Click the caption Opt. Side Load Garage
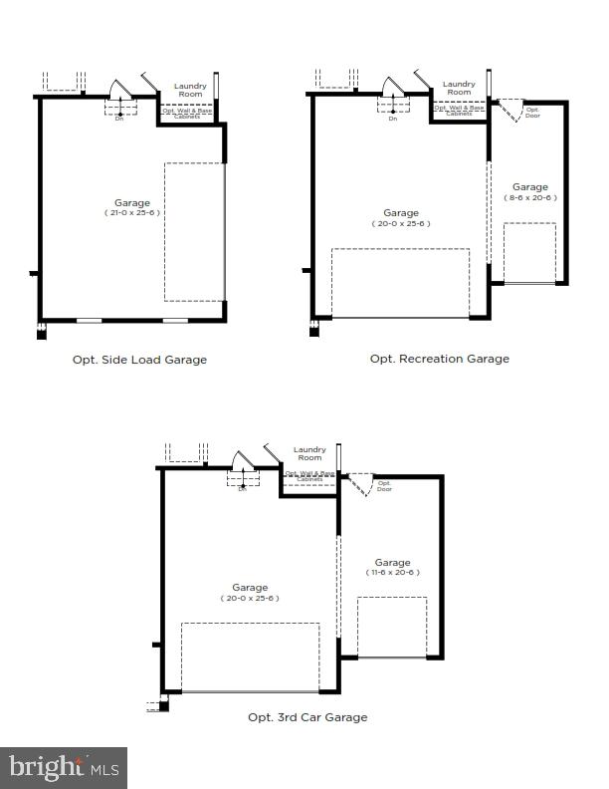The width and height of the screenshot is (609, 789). coord(139,360)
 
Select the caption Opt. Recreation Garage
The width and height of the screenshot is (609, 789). coord(439,359)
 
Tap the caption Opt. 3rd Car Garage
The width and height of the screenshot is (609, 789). coord(307,717)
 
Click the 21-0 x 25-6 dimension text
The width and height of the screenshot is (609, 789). coord(133,212)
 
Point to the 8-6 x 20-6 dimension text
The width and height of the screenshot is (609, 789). coord(529,197)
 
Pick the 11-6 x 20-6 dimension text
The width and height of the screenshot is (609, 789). coord(392,573)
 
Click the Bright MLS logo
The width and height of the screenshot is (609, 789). coord(64,767)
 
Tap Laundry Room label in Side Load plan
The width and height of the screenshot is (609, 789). coord(190,90)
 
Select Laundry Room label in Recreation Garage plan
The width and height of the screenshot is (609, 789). coord(459,88)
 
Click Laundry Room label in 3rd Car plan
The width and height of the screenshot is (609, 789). coord(308,453)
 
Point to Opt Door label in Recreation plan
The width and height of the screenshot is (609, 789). coord(532,112)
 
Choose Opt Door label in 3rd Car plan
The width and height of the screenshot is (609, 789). coord(384,486)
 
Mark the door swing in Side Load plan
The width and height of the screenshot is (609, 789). coord(119,90)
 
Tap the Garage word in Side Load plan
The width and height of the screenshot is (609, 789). coord(133,201)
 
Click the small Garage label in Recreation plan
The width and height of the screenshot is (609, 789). coord(529,186)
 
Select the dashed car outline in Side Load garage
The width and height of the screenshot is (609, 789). coord(194,232)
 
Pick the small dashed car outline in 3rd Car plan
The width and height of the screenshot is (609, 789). coord(392,627)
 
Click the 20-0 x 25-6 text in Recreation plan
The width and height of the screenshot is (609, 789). coord(401,224)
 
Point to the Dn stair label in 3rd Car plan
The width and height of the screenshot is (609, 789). coord(242,489)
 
